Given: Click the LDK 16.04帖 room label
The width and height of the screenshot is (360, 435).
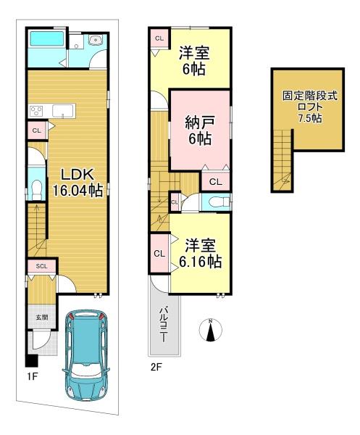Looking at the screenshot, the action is [78, 182].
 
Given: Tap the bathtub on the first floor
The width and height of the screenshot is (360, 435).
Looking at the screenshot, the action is [47, 38].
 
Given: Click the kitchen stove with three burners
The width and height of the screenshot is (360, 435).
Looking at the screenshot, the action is [36, 111].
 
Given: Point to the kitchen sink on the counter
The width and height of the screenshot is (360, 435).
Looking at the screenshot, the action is [64, 111].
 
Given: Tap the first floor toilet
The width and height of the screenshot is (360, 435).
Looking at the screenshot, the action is [37, 190].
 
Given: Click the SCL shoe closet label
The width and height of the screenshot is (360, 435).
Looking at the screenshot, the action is [41, 266].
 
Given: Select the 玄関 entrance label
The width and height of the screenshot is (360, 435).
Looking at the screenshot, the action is [42, 317].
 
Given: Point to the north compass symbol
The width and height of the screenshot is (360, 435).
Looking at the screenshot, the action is [211, 330].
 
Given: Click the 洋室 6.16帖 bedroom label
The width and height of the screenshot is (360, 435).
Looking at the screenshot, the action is [200, 253].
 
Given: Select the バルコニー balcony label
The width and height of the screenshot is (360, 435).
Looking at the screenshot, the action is [164, 324].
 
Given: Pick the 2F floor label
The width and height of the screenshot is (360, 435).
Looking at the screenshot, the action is [156, 368].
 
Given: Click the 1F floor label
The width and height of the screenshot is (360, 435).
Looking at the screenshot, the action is [32, 376].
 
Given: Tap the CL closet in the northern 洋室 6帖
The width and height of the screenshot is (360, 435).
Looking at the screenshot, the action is [159, 38].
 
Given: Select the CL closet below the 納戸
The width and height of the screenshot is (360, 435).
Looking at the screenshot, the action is [215, 182].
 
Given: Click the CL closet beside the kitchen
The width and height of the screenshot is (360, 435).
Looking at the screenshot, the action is [37, 130].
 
